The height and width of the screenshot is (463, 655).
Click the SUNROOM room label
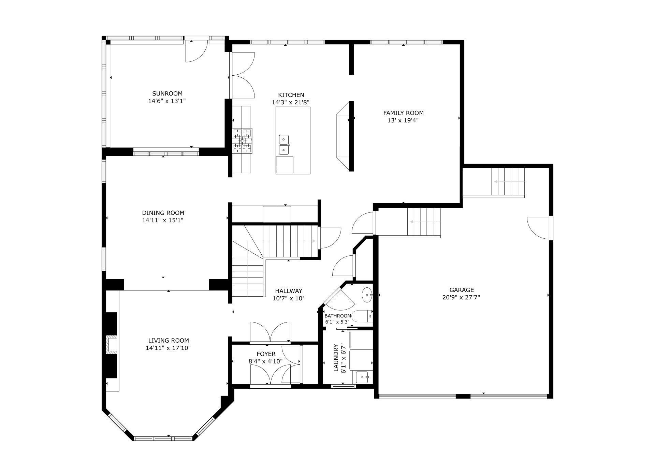pos(167,93)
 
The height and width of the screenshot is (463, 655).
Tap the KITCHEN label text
pos(291,95)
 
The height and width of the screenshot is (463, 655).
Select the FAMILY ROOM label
pos(403,113)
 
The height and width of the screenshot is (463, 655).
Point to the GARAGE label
pos(462,290)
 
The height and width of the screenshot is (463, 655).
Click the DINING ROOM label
pos(163,213)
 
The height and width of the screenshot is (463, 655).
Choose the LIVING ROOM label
pos(169,340)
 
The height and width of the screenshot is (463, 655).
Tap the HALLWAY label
pos(289,291)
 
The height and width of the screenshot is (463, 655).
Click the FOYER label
pos(266,354)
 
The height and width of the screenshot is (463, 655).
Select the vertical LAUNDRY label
pos(336,358)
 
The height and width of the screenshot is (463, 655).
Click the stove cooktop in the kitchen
pos(242,140)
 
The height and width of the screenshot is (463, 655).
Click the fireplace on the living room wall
pos(111,345)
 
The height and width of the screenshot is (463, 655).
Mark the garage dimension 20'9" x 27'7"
pos(461,297)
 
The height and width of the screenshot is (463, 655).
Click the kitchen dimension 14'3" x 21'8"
pos(291,102)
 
